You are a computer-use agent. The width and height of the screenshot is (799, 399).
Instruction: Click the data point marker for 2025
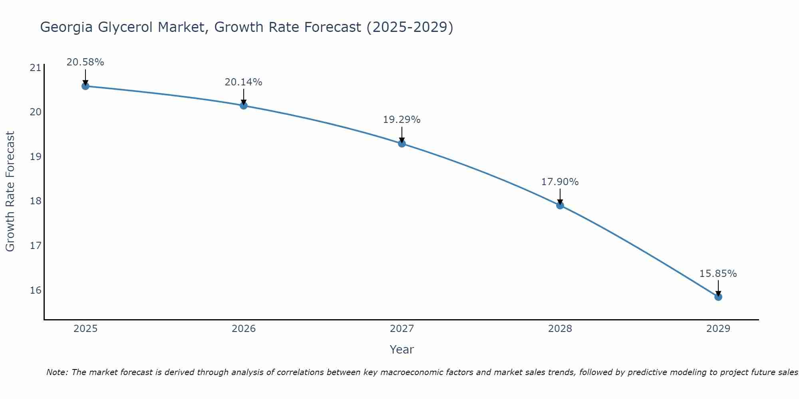tap(85, 86)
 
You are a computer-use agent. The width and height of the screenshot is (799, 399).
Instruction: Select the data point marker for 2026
tap(244, 105)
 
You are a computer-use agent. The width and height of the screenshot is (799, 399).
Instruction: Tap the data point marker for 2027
tap(402, 143)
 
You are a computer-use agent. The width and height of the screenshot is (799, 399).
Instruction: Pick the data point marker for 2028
tap(560, 205)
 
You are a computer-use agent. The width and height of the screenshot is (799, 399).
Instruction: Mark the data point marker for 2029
tap(718, 296)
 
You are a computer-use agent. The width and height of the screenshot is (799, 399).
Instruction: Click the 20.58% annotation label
tap(85, 62)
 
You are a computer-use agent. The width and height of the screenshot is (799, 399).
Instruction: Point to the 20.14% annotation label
tap(243, 82)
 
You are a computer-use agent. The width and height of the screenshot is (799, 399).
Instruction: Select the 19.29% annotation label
tap(401, 120)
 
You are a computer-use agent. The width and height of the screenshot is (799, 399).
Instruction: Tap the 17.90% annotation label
tap(560, 182)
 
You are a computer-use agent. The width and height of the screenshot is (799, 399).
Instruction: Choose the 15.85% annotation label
tap(718, 274)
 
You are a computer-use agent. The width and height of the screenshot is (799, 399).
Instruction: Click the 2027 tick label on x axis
tap(402, 329)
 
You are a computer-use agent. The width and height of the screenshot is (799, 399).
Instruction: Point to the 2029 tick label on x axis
tap(718, 329)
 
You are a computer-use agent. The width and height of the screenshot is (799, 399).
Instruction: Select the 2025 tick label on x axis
tap(85, 329)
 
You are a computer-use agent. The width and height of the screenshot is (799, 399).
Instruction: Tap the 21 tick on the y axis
tap(36, 67)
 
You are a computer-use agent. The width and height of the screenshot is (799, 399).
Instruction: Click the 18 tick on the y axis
tap(36, 201)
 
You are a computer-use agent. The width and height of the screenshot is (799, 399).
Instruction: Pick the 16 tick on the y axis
tap(36, 290)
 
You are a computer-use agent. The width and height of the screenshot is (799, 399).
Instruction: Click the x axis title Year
tap(401, 350)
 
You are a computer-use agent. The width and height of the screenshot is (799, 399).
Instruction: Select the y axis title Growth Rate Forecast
tap(10, 192)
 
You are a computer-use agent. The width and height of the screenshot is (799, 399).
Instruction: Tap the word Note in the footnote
tap(57, 372)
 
